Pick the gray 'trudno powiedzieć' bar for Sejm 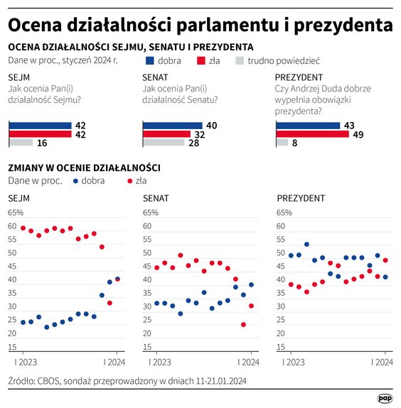[21, 142]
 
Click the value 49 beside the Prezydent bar [358, 133]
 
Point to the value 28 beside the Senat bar [193, 142]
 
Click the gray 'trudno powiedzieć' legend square [240, 60]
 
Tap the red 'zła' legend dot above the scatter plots [130, 180]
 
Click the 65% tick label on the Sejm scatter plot [16, 212]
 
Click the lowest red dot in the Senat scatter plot [243, 324]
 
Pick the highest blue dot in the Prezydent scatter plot [306, 244]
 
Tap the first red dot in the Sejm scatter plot [23, 228]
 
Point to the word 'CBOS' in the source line [53, 382]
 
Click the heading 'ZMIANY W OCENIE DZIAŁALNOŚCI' [83, 167]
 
